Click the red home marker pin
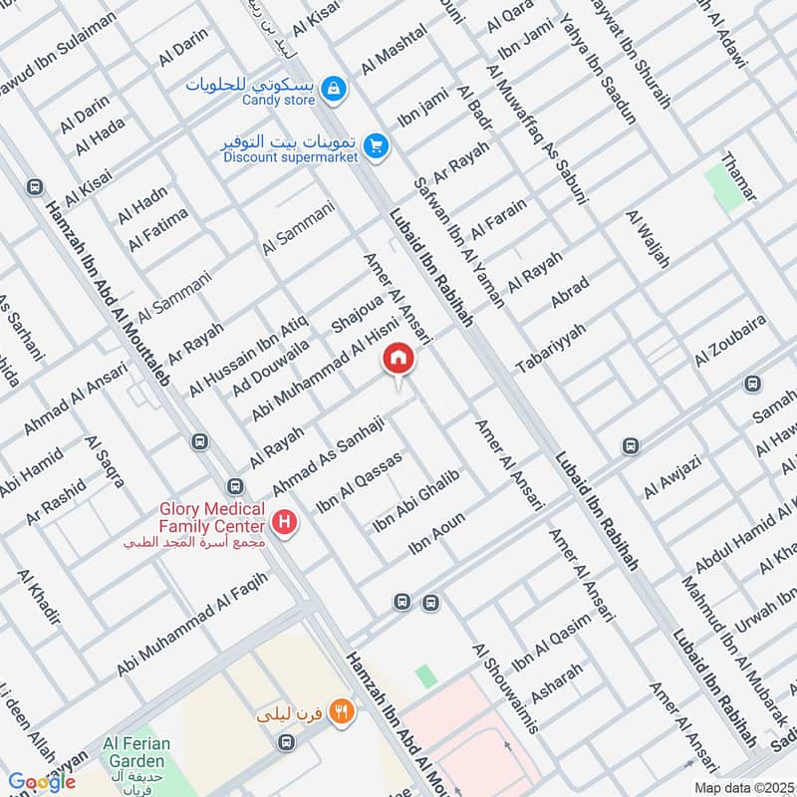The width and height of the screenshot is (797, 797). tap(398, 358)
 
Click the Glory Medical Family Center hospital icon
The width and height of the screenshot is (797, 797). tap(285, 522)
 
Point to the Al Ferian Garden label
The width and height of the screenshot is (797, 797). tap(137, 751)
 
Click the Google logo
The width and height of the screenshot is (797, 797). tap(42, 781)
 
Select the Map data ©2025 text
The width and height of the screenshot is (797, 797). tap(743, 787)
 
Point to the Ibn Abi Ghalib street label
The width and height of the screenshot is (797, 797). tap(414, 501)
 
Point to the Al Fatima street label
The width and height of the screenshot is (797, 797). tap(157, 229)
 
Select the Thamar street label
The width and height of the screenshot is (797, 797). tap(738, 176)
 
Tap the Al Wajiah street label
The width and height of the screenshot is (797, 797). tap(648, 239)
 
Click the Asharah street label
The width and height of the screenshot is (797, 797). tap(557, 683)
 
